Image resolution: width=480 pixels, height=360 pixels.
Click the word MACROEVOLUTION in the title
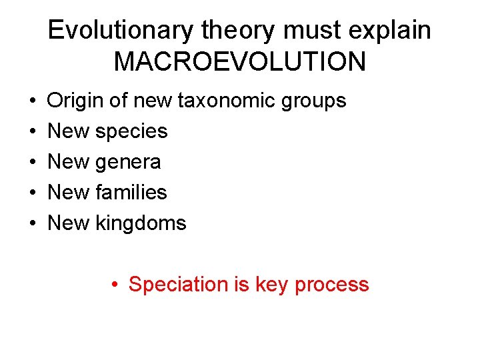pyautogui.click(x=240, y=61)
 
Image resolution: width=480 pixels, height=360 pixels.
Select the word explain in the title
pyautogui.click(x=393, y=30)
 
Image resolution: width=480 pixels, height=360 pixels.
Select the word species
pyautogui.click(x=131, y=132)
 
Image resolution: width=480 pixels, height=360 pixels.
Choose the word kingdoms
pyautogui.click(x=141, y=223)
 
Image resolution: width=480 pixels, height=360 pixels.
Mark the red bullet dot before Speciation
pyautogui.click(x=115, y=285)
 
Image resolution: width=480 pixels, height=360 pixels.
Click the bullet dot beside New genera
pyautogui.click(x=33, y=162)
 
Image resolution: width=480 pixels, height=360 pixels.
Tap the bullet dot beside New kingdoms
pyautogui.click(x=33, y=223)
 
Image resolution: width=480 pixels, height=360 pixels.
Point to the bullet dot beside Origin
pyautogui.click(x=33, y=101)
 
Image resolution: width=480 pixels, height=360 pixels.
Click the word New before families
pyautogui.click(x=69, y=193)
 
